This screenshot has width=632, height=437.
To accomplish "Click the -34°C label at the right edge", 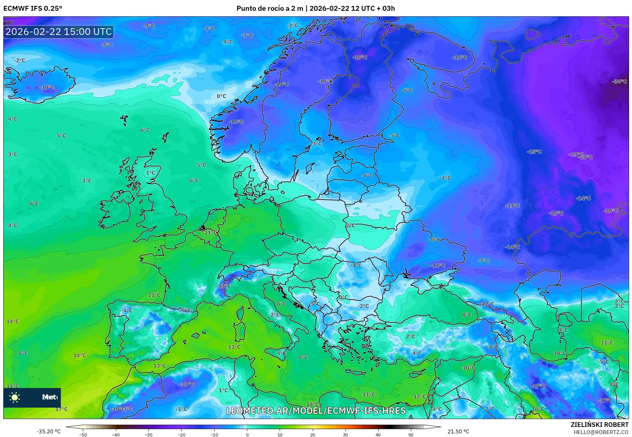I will coord(619,81).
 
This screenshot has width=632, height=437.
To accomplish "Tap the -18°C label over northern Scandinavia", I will coord(360,57).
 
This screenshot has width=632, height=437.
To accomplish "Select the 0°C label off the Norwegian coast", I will coord(221,96).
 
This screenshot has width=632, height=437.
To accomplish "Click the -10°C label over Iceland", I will coord(47,87).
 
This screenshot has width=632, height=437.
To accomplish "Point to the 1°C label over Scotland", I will coord(150,173).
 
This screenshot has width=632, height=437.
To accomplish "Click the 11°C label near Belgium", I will coord(210,233).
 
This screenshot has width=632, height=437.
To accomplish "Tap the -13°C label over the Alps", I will coord(223,286).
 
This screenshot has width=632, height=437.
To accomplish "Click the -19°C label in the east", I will coord(556,213).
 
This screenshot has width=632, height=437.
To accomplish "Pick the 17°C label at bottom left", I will coord(61,409).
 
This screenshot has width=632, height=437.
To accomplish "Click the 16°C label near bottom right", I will coord(537,409).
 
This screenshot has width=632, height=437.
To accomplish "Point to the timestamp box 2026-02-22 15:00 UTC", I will coord(59,32).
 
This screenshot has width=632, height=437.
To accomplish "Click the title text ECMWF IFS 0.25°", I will coord(33,8).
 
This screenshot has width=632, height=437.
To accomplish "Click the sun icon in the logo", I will coord(15,397).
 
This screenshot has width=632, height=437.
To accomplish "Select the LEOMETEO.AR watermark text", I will coord(316,411).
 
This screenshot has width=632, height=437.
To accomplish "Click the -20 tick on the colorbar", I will coord(181,434).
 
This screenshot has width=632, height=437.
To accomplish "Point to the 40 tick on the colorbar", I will coord(378,434).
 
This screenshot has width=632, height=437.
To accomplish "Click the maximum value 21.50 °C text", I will coord(458,431).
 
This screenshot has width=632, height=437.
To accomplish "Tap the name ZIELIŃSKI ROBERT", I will coord(599,425).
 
